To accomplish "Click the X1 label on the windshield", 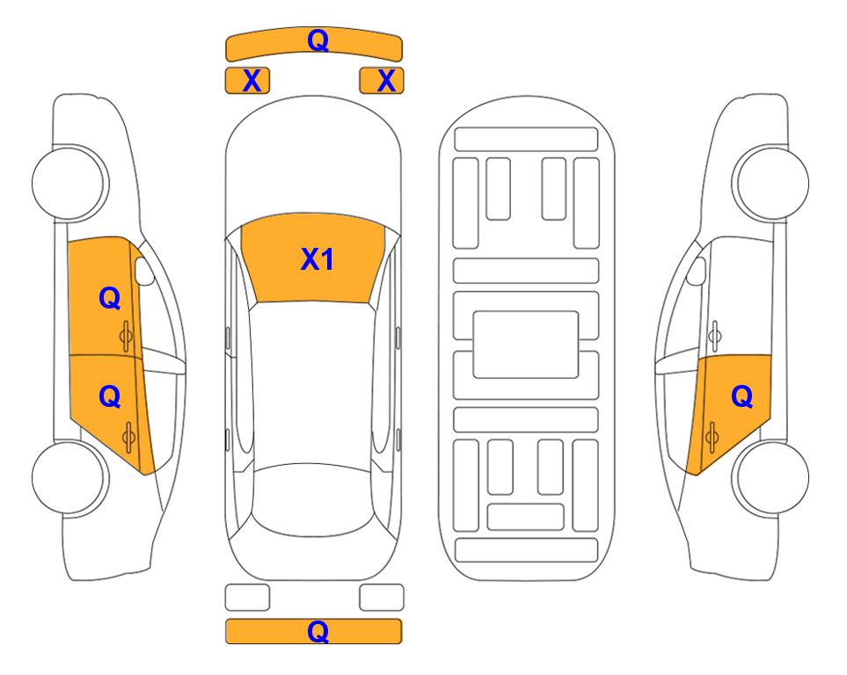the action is pos(318,259).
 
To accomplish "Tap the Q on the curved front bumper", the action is pos(318,40).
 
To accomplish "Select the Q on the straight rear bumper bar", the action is pos(318,631).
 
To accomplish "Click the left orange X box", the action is pos(247,81).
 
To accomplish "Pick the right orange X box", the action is pos(382,81).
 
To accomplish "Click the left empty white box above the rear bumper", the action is pos(247,598).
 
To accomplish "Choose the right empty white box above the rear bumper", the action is pos(382,598).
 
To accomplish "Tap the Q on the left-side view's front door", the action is pos(110,298).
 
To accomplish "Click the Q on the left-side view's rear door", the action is pos(110,397).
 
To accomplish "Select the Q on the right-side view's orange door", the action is pos(741,397).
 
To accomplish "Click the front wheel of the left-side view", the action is pos(69,183).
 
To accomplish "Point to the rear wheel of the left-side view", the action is pos(69,477).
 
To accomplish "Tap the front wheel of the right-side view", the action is pos(770,183).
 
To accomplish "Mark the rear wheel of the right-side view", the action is pos(770,477).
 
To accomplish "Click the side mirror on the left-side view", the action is pos(143,271).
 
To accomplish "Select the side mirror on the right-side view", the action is pos(697,271).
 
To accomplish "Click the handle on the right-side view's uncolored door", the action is pos(714,336).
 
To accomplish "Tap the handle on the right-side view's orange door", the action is pos(712,437).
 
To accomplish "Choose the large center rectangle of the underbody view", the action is pos(526,345).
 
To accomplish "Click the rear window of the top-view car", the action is pos(314,499).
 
